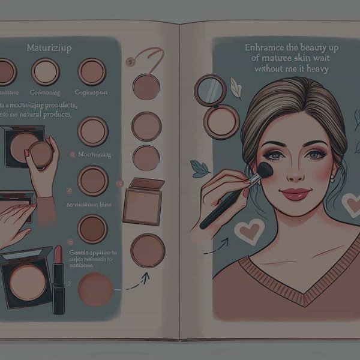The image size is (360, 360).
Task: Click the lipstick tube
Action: tap(58, 278)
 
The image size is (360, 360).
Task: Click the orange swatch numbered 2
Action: tap(95, 288)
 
